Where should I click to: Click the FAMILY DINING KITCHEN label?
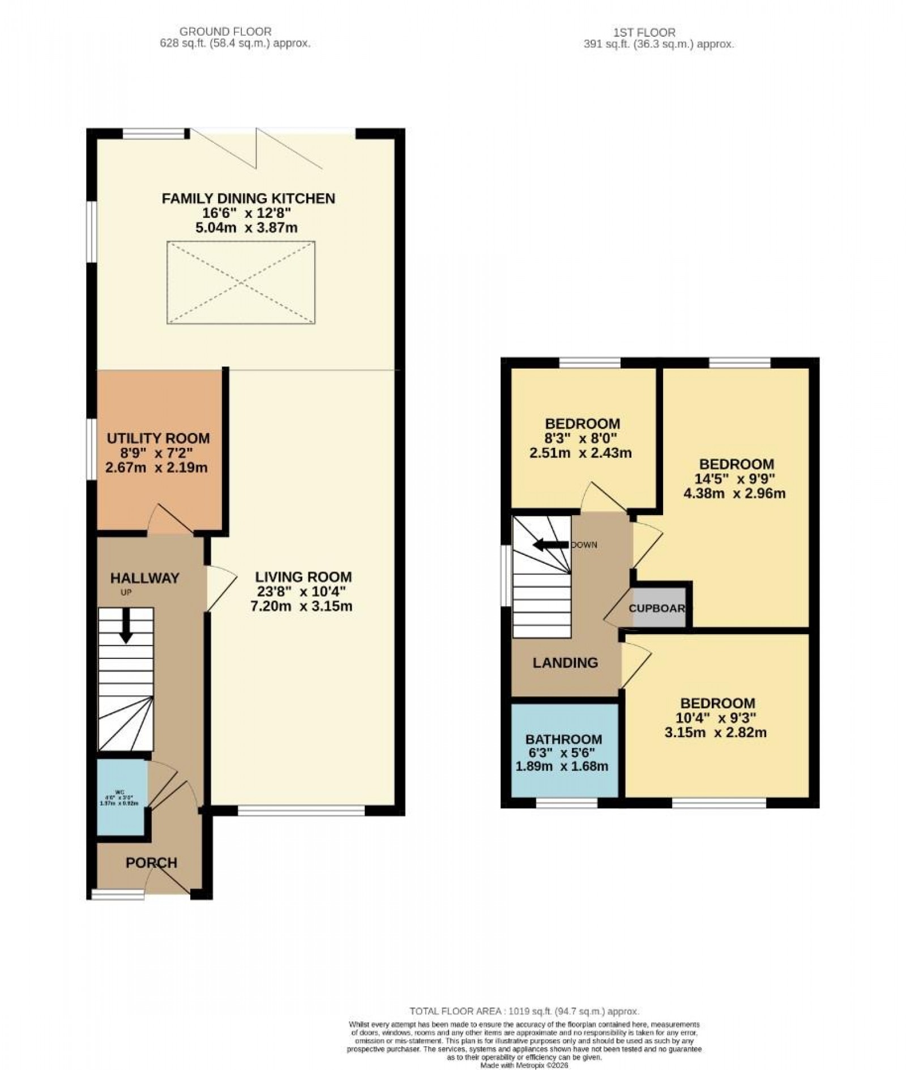(x=248, y=198)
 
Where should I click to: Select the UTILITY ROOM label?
(x=158, y=438)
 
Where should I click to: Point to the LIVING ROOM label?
(x=303, y=577)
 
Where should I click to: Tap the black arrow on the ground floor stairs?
(x=126, y=626)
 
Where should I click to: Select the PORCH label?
(x=151, y=863)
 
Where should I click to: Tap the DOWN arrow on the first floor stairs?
(x=551, y=545)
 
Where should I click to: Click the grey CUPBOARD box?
(x=659, y=609)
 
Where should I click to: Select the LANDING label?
(x=565, y=662)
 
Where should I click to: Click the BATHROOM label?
(x=563, y=739)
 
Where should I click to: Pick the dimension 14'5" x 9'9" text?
(x=735, y=478)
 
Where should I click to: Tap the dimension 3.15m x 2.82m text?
(x=716, y=733)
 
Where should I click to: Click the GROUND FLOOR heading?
(x=225, y=32)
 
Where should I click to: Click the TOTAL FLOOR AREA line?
(x=524, y=1011)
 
